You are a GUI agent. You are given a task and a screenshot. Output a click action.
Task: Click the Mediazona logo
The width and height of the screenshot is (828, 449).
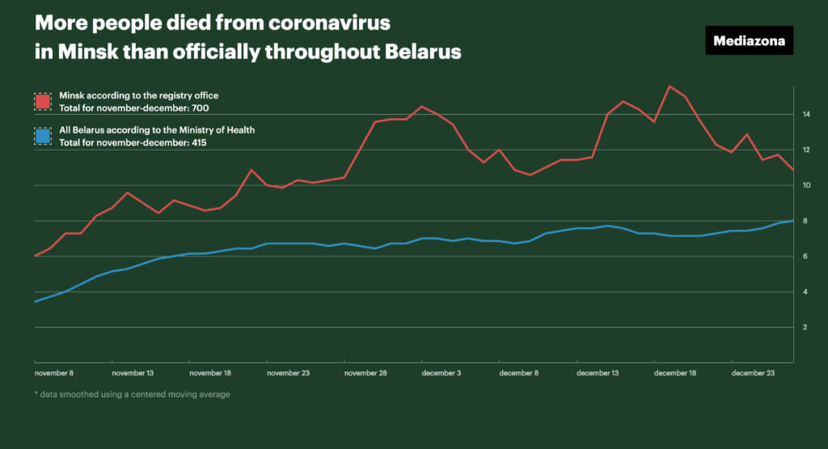(749, 40)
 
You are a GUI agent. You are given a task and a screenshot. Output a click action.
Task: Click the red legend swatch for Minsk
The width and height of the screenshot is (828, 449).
(43, 101)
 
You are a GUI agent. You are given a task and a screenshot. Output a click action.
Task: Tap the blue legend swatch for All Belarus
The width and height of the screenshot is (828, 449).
(43, 135)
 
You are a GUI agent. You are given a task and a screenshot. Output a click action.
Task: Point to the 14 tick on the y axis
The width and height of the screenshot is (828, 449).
(806, 115)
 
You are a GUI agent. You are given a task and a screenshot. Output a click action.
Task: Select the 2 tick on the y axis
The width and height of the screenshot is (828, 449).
(805, 328)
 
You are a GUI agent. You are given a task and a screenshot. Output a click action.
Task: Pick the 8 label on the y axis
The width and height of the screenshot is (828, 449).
(805, 221)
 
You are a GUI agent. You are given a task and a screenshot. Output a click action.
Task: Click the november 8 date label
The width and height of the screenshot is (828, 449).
(54, 373)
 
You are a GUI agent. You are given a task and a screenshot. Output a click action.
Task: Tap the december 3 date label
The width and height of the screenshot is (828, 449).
(442, 373)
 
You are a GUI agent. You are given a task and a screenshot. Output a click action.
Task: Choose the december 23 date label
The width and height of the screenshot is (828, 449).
(752, 373)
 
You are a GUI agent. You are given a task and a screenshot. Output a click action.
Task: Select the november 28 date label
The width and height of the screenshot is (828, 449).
(365, 373)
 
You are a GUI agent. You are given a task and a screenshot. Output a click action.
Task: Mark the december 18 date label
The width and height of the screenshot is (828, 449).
(675, 373)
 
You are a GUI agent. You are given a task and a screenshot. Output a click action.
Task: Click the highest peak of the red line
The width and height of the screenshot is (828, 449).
(670, 87)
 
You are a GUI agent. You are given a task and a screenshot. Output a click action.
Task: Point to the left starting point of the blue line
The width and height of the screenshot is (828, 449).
(34, 302)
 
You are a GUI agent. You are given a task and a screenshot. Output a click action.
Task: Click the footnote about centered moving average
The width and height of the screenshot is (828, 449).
(133, 395)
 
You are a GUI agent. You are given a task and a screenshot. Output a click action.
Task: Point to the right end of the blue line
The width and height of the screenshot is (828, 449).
(793, 220)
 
